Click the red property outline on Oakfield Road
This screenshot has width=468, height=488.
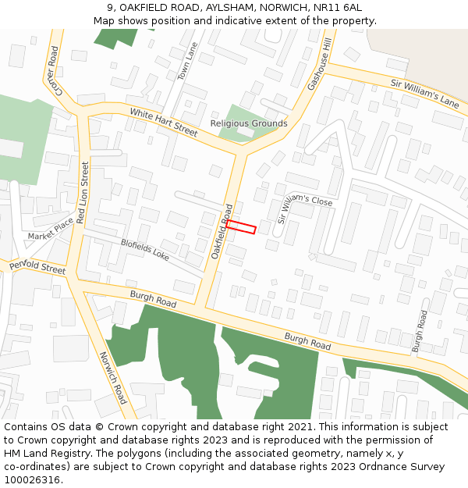[x=241, y=226]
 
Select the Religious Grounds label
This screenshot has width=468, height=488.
[x=249, y=123]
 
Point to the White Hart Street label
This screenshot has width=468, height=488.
[x=164, y=123]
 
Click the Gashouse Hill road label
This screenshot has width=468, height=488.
[x=320, y=66]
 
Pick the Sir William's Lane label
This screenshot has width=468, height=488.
[x=425, y=93]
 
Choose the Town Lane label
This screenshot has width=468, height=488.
[x=187, y=62]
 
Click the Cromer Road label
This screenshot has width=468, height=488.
[x=53, y=66]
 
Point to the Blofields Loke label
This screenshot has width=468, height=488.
[x=145, y=249]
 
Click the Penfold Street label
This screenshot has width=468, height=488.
[x=37, y=267]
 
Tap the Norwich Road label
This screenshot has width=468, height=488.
[x=113, y=377]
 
